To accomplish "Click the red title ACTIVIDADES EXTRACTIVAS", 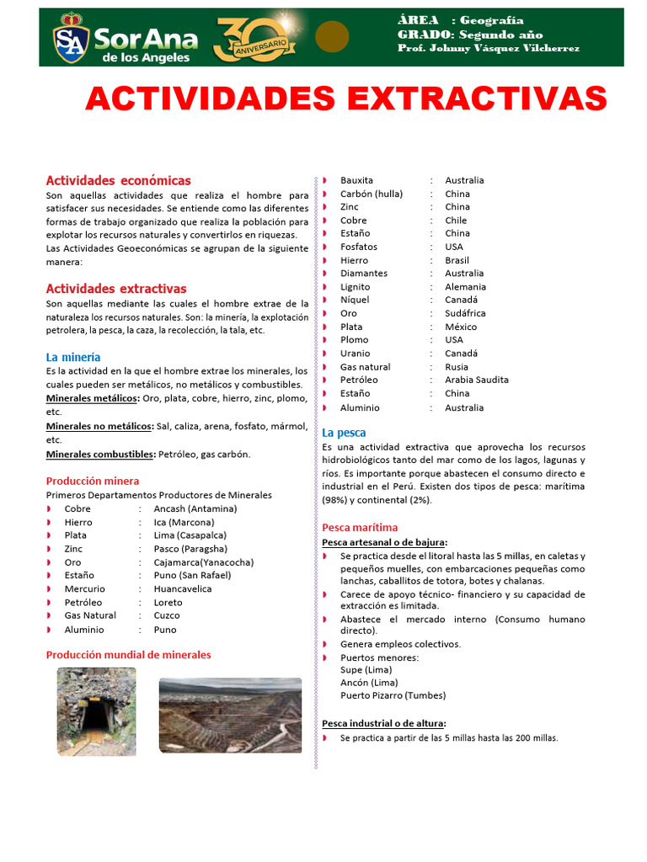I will [x=345, y=98].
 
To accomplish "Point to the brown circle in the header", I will [x=332, y=37].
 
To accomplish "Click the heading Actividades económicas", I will [x=118, y=180].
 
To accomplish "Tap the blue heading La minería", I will [x=73, y=357].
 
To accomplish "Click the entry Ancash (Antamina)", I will [x=195, y=508].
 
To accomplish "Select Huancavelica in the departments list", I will [x=183, y=588].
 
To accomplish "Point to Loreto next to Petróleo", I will [x=168, y=602].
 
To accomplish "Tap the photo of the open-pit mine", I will [x=230, y=715].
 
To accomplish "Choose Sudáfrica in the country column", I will [x=465, y=313].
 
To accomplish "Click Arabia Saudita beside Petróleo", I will [x=477, y=380].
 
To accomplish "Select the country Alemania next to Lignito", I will [x=465, y=286].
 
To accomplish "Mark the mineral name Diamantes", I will [x=364, y=273].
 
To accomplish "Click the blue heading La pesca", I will [x=344, y=433].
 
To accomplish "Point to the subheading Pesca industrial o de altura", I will [x=384, y=723].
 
